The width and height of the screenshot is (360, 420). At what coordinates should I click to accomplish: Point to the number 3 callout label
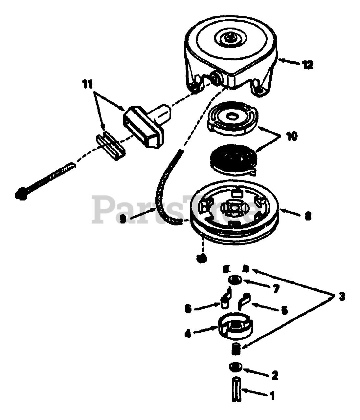[x=341, y=297]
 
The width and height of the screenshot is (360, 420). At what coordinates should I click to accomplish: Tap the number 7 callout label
[x=275, y=288]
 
